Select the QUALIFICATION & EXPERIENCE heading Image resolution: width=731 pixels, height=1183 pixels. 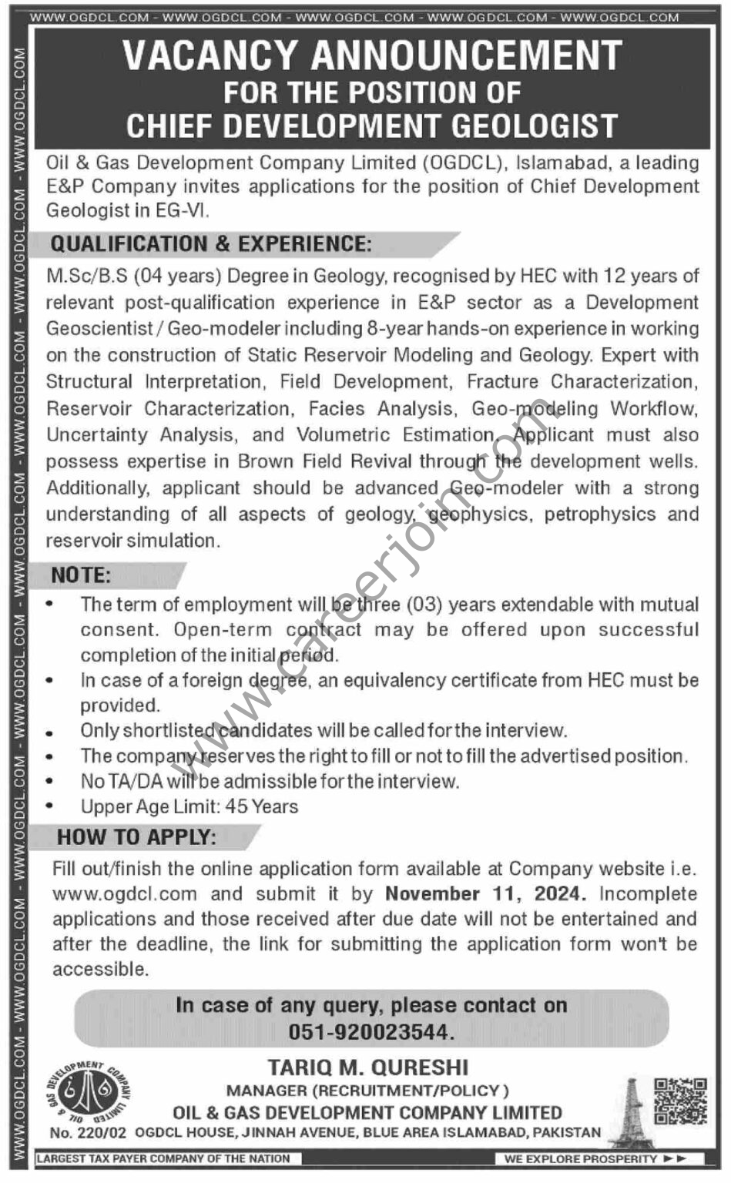(210, 244)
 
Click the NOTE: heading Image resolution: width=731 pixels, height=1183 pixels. (81, 575)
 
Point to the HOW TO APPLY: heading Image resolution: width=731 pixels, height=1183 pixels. (136, 837)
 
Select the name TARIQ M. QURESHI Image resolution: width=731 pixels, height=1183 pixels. (368, 1067)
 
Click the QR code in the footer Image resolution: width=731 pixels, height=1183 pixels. (680, 1101)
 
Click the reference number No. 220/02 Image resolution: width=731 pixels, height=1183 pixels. (89, 1133)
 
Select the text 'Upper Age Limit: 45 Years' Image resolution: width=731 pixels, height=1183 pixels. (189, 806)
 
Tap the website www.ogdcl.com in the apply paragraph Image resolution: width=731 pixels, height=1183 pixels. (125, 893)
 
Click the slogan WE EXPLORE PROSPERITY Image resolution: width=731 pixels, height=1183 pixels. (581, 1158)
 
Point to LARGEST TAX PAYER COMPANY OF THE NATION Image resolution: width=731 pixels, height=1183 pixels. (163, 1158)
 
